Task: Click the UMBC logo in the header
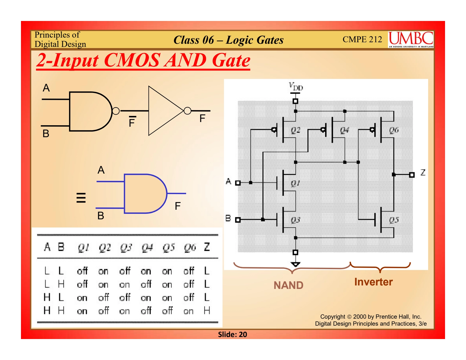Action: click(x=411, y=39)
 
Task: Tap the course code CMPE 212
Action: click(x=362, y=39)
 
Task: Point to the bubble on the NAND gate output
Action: click(x=116, y=111)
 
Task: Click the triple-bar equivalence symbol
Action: click(x=81, y=197)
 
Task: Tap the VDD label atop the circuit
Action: click(x=296, y=87)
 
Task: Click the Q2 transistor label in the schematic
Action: click(x=295, y=130)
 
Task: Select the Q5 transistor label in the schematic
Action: click(x=394, y=220)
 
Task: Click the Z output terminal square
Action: click(x=412, y=175)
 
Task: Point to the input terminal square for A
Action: click(x=238, y=183)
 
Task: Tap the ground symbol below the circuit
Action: click(x=295, y=264)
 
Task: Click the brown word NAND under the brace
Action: click(x=288, y=285)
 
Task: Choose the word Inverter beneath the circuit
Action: click(x=373, y=282)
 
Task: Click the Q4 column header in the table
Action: click(x=147, y=248)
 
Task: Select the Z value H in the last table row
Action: click(x=207, y=311)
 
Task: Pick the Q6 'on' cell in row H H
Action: click(x=188, y=311)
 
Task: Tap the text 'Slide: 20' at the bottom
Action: click(x=232, y=334)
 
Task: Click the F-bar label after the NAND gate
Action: click(x=132, y=122)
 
